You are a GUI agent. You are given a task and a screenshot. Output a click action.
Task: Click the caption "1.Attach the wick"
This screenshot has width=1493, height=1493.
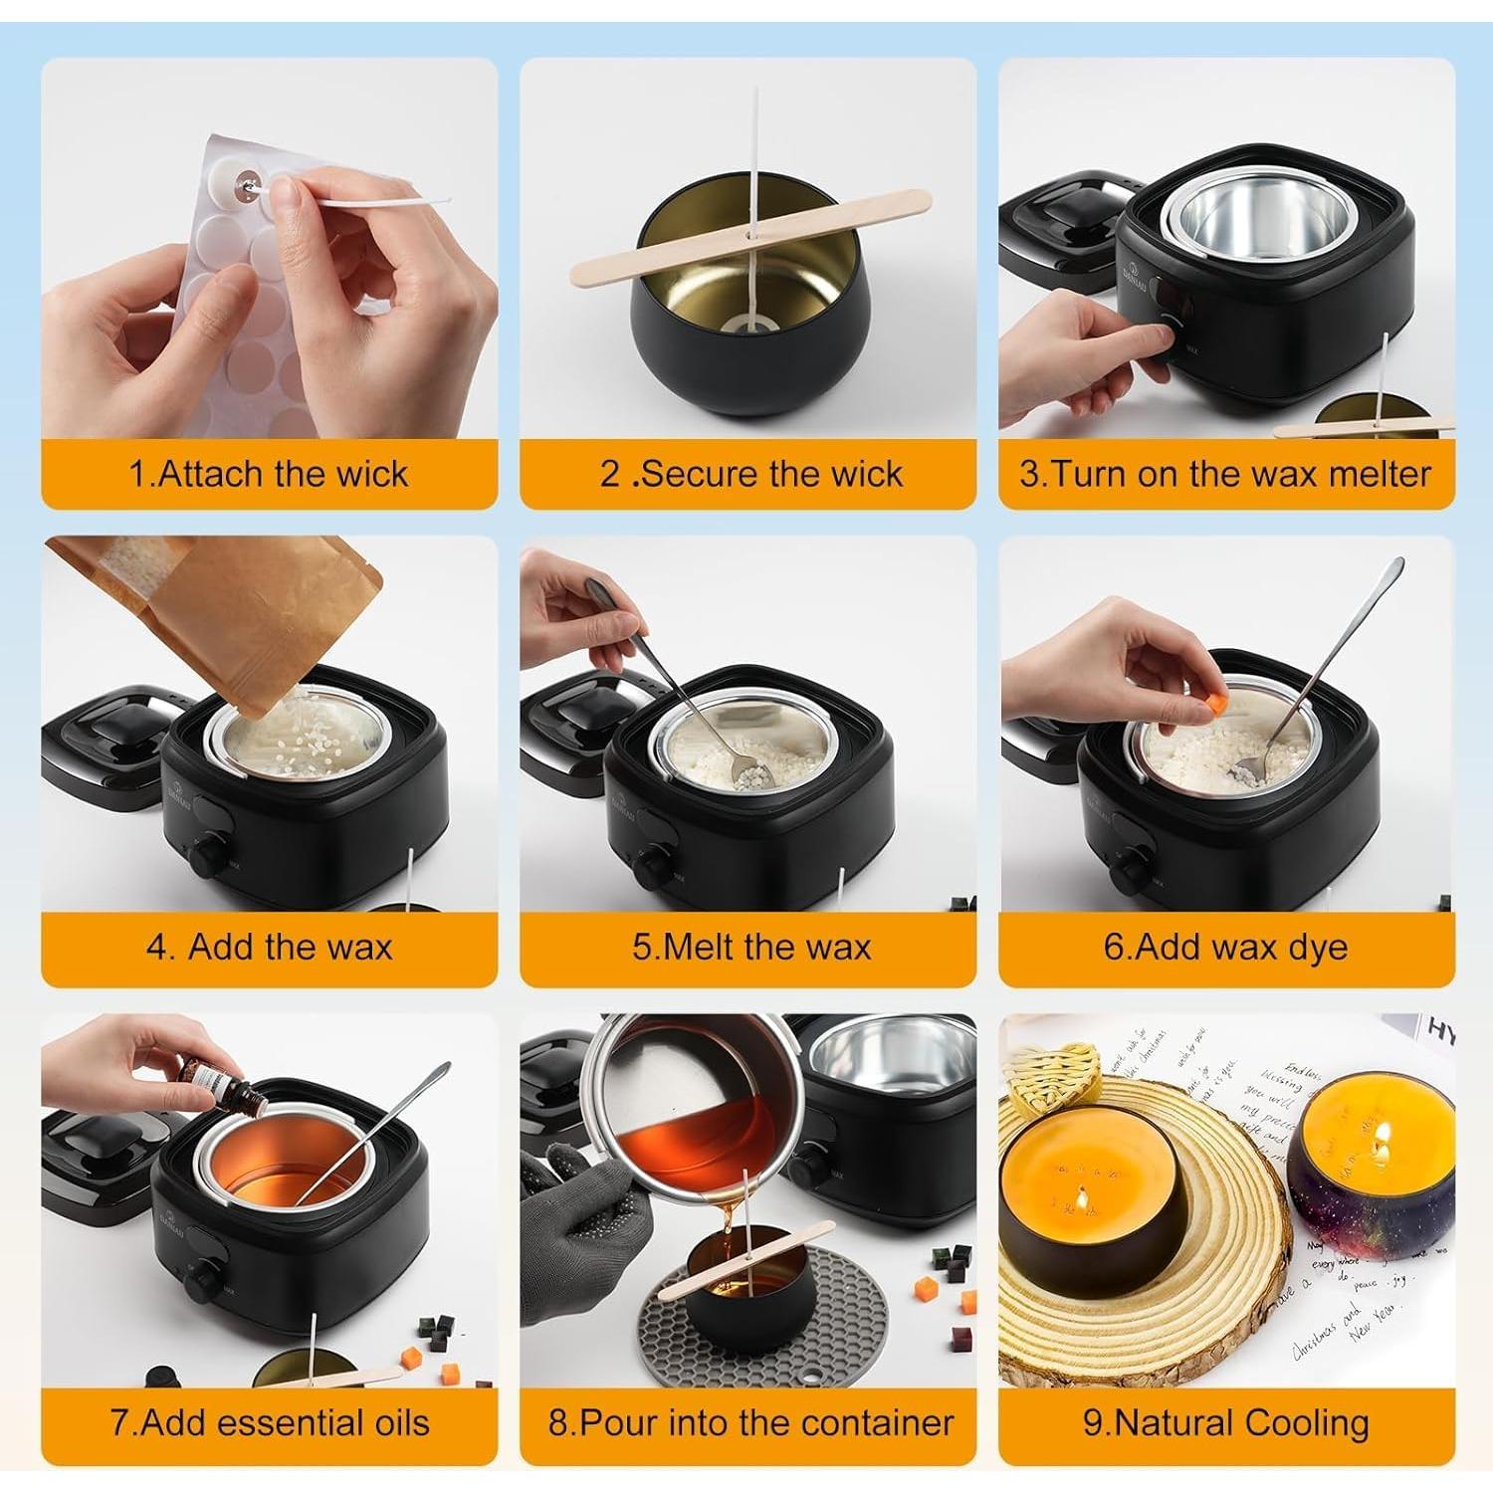tap(268, 474)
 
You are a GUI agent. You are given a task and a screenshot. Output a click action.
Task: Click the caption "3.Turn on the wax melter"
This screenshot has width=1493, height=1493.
tap(1225, 474)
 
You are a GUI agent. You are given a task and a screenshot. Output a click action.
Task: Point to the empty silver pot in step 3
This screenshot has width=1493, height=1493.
tap(1227, 219)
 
